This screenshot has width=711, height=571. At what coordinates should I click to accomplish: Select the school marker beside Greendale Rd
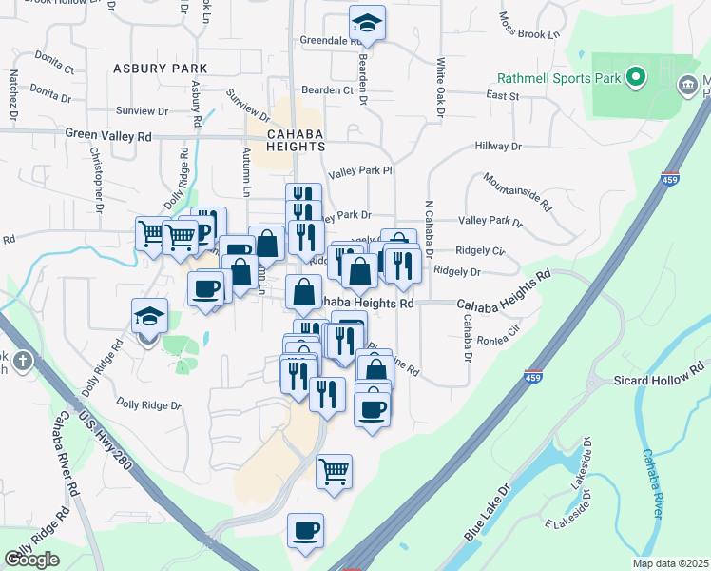tap(367, 24)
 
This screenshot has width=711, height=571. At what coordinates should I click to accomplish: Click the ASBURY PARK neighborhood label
tap(159, 69)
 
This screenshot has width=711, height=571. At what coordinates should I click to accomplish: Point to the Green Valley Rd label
tap(108, 136)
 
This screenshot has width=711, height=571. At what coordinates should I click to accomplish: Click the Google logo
tap(32, 560)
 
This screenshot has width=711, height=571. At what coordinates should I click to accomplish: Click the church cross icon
tap(22, 362)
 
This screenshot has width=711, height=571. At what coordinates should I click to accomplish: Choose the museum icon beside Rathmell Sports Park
tap(685, 87)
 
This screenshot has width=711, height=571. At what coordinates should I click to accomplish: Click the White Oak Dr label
tap(440, 90)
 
